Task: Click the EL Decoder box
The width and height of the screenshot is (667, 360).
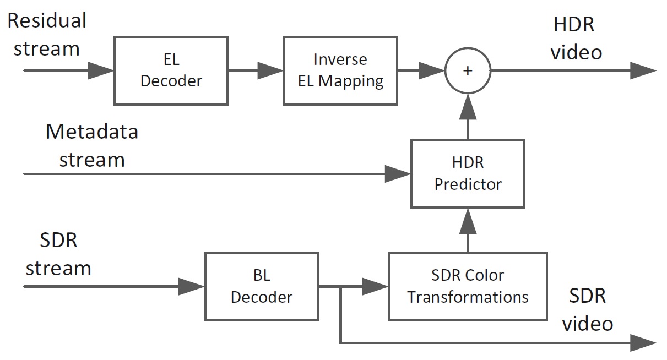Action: point(171,70)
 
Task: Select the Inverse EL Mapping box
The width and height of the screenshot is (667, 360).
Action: point(340,70)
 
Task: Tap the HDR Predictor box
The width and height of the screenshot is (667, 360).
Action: point(468,173)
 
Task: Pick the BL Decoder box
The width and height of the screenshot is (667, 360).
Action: point(261,286)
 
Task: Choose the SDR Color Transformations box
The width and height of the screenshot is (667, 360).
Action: point(468,286)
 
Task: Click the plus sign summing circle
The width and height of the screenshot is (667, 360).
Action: point(468,70)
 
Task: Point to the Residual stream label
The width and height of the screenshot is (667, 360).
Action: point(47,34)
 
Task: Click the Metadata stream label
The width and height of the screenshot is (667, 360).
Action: point(92,146)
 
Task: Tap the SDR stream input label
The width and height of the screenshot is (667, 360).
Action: point(58,254)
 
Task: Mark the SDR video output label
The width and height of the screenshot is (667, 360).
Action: point(587,309)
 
